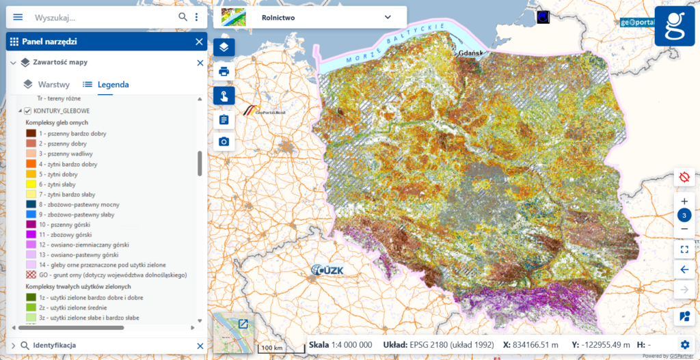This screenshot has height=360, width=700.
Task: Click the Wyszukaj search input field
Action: click(x=103, y=17)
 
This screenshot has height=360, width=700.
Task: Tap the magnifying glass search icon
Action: click(x=183, y=17)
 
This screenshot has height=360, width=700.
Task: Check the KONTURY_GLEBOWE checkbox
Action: click(x=28, y=111)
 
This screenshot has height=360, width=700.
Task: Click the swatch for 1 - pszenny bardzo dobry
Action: click(x=31, y=134)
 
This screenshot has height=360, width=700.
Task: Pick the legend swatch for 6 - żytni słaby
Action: click(x=31, y=184)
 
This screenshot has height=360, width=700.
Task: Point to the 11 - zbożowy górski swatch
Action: click(x=31, y=234)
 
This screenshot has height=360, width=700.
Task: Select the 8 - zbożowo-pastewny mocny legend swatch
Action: click(x=31, y=204)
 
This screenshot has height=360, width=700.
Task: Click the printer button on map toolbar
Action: click(x=224, y=71)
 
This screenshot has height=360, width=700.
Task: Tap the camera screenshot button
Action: click(x=224, y=141)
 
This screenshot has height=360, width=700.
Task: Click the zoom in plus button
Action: click(x=684, y=202)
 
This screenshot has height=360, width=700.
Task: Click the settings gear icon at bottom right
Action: click(x=684, y=344)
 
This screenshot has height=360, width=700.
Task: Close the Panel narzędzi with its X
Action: click(x=199, y=42)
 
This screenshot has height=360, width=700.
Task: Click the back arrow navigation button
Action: click(x=684, y=269)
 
